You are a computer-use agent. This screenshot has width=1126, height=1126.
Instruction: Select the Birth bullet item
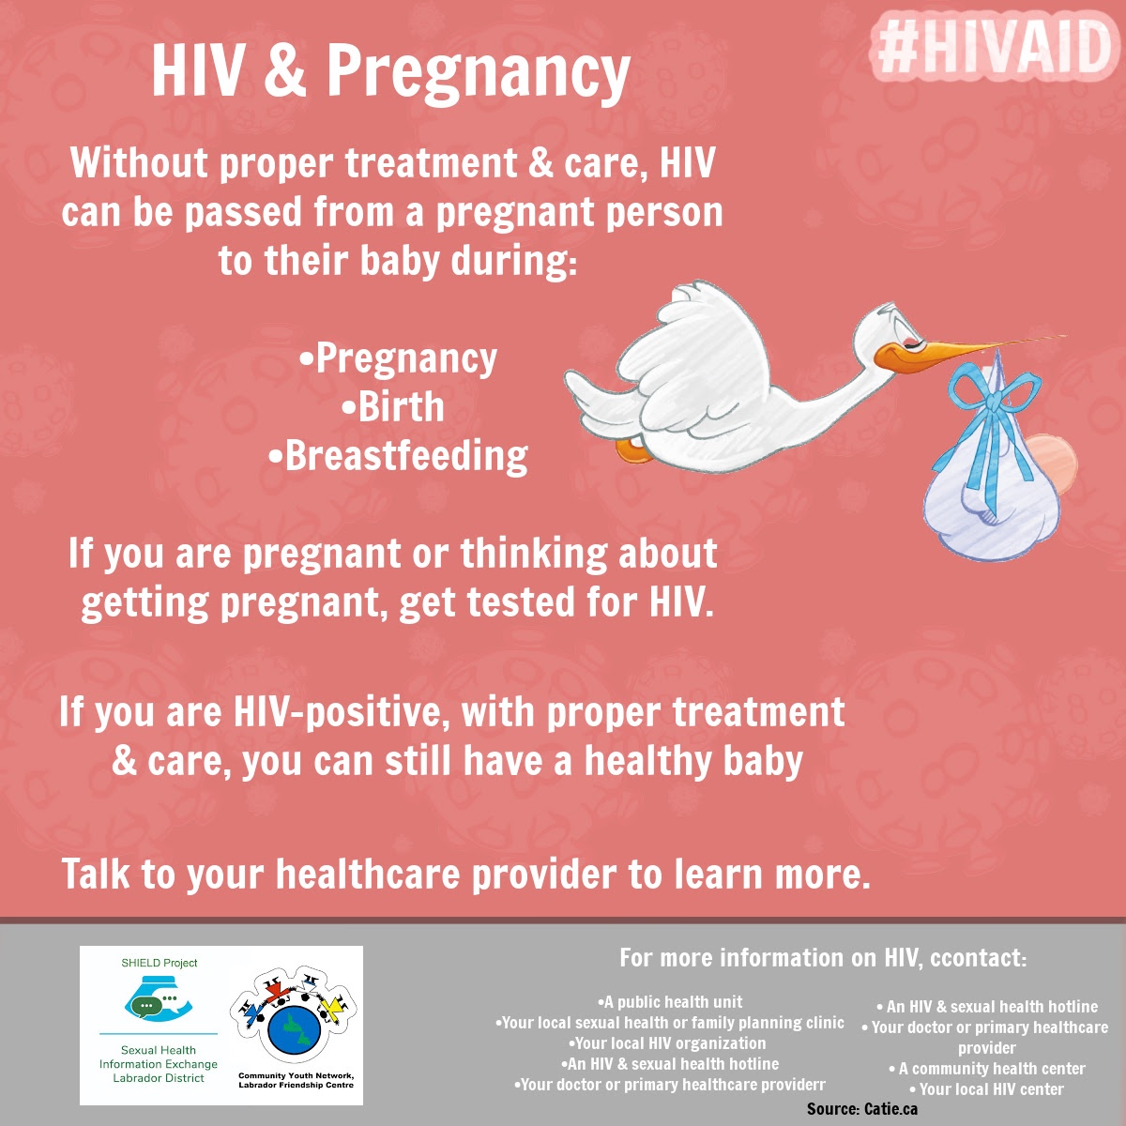392,406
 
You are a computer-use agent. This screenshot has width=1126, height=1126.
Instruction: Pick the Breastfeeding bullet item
398,456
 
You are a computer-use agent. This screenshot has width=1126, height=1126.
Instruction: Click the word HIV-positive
342,712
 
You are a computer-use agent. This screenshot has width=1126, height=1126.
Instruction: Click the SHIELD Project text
159,963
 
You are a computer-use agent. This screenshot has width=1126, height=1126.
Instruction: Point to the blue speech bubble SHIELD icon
158,1003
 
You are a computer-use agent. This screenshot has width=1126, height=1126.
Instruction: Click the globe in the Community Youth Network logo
294,1030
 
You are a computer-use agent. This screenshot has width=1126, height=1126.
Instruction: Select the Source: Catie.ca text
862,1108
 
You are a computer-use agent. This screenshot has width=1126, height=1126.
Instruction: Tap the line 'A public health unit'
670,1002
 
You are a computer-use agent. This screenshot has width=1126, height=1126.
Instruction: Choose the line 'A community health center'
987,1069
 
